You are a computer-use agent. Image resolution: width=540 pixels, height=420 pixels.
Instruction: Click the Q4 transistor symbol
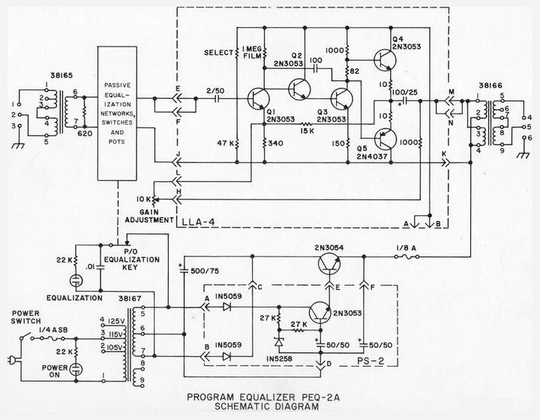tap(385, 60)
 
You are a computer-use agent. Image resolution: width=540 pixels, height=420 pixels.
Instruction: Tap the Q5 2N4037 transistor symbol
tap(385, 139)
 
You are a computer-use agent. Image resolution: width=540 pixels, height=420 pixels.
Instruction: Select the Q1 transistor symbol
tap(258, 99)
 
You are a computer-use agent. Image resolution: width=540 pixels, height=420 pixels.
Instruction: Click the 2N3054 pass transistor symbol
tap(329, 264)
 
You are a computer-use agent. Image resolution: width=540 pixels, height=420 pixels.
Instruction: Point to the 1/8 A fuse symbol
tap(407, 256)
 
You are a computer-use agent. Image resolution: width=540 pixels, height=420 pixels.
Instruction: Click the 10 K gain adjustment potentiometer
tap(154, 199)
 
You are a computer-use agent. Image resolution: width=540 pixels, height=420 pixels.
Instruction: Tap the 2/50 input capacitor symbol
tap(217, 99)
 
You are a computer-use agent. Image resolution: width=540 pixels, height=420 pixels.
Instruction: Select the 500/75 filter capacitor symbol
tap(184, 271)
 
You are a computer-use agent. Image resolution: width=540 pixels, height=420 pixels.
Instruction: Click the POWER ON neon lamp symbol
tap(76, 370)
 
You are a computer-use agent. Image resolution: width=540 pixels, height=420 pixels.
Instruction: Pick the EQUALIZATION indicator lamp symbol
tap(76, 280)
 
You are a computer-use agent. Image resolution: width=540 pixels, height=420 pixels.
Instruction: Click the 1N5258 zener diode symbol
tap(278, 343)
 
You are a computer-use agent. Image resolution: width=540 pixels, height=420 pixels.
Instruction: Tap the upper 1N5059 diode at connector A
tap(226, 307)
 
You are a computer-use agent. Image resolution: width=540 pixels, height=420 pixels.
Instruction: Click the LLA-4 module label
tap(198, 223)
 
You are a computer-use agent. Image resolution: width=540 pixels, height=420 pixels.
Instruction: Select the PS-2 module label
tap(370, 361)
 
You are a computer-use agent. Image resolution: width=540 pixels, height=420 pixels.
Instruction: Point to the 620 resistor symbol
tap(84, 112)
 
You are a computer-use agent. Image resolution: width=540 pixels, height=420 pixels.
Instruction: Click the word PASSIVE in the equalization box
tap(118, 85)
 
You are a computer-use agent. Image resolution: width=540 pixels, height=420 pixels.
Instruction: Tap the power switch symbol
tap(25, 336)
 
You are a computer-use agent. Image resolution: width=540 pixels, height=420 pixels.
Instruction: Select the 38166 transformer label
tap(490, 85)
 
